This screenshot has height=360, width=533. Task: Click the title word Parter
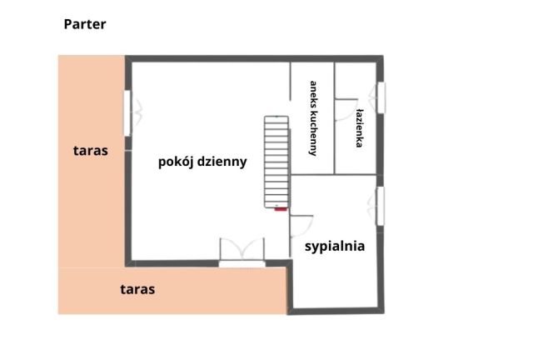85,24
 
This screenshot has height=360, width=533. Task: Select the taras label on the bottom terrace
137,290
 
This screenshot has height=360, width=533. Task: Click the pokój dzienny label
202,162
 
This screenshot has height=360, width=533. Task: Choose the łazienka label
359,127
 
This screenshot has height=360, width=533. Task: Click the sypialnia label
335,247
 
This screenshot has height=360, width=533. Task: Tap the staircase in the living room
275,161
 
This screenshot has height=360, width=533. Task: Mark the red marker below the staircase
280,209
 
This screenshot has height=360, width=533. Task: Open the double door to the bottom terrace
242,252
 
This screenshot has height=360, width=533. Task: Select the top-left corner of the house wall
128,57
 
